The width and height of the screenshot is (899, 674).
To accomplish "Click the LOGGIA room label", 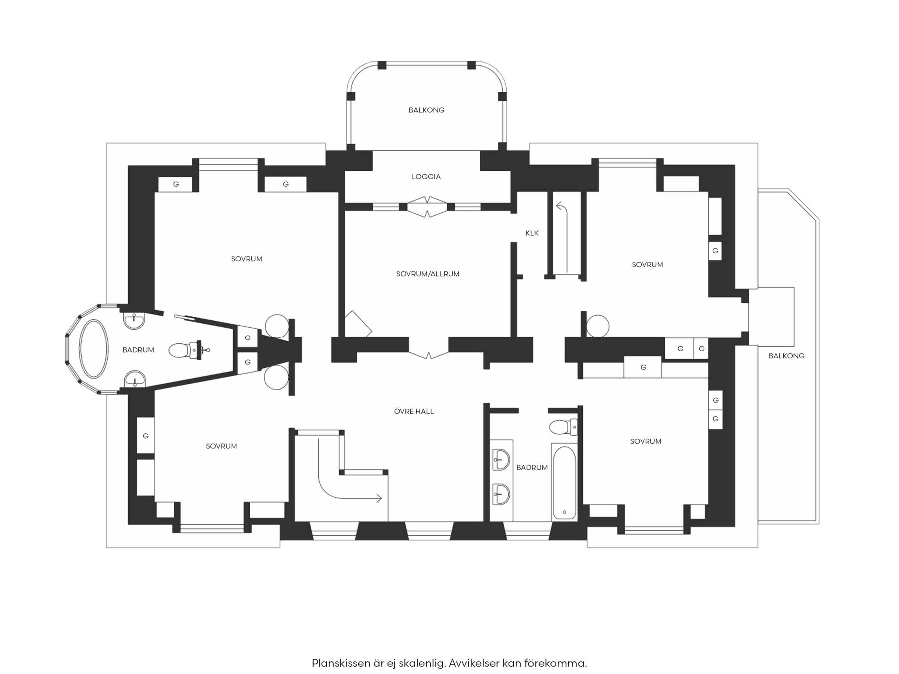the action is (x=426, y=177).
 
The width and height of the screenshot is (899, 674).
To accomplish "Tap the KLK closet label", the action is (x=532, y=233).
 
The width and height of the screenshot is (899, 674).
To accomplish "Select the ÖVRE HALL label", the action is (x=414, y=411).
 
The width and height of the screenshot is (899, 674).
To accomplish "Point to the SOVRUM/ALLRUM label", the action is (x=428, y=274).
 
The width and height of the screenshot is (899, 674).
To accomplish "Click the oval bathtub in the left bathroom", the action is (x=94, y=348).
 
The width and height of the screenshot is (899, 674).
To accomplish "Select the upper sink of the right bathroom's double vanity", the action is (x=501, y=458).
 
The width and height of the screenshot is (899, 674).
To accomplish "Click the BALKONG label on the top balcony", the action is (x=426, y=110).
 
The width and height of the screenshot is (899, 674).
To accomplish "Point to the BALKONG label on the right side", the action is (x=786, y=356).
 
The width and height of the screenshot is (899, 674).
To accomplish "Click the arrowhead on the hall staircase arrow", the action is (x=379, y=498).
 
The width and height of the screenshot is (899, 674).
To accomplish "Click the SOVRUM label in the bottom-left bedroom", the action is (x=221, y=446).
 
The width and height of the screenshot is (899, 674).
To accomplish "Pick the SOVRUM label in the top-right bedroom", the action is (x=647, y=265).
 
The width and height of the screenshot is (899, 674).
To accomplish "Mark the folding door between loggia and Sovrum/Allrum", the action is (x=427, y=207).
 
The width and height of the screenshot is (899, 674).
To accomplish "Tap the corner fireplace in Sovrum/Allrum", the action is (x=357, y=324).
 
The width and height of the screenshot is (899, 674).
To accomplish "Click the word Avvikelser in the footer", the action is (x=473, y=664).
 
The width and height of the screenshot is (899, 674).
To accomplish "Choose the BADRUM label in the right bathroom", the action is (x=532, y=468).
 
